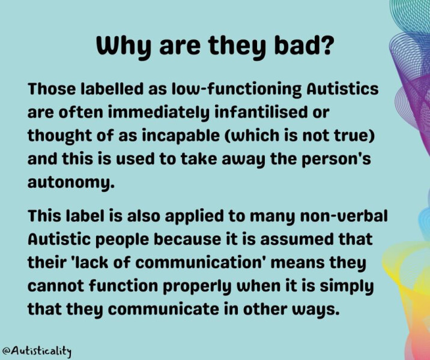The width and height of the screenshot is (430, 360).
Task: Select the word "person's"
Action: click(336, 160)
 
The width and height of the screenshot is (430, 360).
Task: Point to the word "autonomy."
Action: click(71, 183)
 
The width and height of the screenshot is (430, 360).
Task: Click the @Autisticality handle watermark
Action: click(37, 351)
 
